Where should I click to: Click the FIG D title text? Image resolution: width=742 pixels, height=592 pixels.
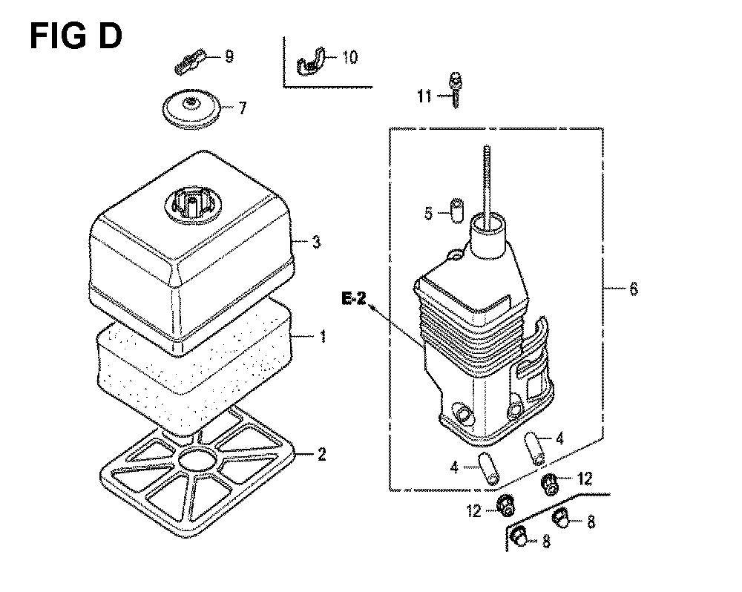click(x=76, y=37)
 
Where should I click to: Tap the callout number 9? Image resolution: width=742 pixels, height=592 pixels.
click(x=229, y=57)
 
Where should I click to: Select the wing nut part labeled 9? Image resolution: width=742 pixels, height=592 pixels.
click(x=190, y=61)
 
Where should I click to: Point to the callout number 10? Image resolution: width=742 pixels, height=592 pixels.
click(x=349, y=57)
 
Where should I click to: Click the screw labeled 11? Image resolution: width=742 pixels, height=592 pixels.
click(x=456, y=90)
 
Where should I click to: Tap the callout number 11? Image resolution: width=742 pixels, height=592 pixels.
click(x=424, y=96)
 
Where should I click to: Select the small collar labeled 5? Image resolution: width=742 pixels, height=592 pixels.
click(x=456, y=211)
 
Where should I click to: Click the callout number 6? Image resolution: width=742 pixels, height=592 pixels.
click(x=633, y=288)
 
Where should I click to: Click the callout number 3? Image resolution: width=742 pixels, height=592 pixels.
click(x=316, y=243)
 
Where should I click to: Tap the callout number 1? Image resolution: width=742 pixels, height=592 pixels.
click(x=324, y=337)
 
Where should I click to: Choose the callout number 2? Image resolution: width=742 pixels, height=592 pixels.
click(x=321, y=455)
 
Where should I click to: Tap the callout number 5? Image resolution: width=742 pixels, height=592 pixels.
click(x=428, y=214)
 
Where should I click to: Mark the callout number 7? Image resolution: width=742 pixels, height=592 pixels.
click(x=243, y=108)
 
